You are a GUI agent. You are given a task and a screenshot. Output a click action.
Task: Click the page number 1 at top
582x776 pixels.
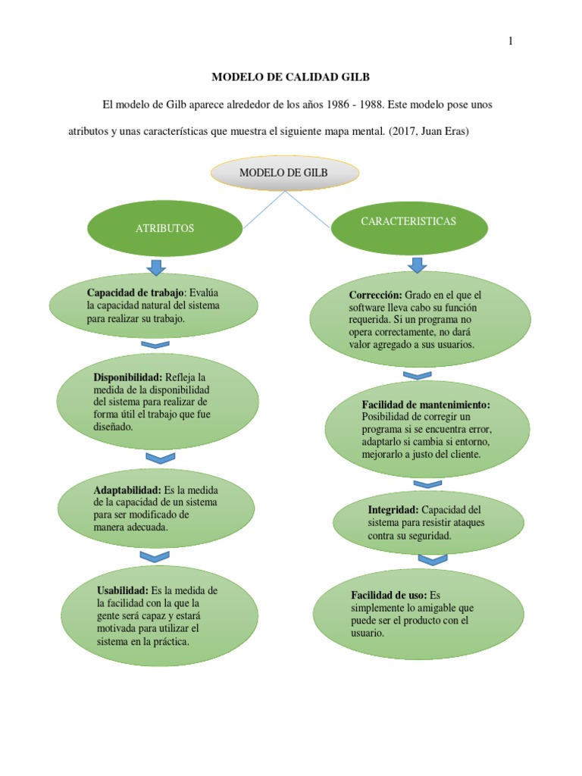tap(511, 42)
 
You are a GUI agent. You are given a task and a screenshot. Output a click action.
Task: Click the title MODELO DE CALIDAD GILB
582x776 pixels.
tap(290, 77)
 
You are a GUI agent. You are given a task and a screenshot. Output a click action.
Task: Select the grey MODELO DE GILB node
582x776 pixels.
tap(283, 173)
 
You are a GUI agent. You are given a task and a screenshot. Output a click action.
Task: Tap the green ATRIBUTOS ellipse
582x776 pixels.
tap(165, 227)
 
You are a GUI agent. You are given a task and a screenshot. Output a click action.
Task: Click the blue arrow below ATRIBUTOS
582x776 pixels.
tap(157, 267)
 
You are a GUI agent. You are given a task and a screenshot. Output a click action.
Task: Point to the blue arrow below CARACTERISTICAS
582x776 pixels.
tap(417, 264)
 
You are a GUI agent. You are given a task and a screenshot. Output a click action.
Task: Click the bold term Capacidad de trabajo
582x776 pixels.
tap(136, 293)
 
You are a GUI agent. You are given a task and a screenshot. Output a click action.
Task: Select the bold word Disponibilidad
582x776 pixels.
tap(128, 377)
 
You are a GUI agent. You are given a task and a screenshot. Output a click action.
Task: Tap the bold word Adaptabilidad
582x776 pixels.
tap(127, 490)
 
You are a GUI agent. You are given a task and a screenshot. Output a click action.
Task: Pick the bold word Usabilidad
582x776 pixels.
tap(124, 590)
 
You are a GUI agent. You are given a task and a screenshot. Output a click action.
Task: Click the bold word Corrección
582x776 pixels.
tap(375, 294)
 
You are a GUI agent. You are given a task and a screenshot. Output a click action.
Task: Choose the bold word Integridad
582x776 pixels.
tap(393, 509)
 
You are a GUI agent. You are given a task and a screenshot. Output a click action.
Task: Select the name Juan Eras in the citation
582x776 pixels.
tap(451, 131)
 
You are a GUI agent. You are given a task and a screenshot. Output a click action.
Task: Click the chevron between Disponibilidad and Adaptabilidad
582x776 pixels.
tap(160, 458)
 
